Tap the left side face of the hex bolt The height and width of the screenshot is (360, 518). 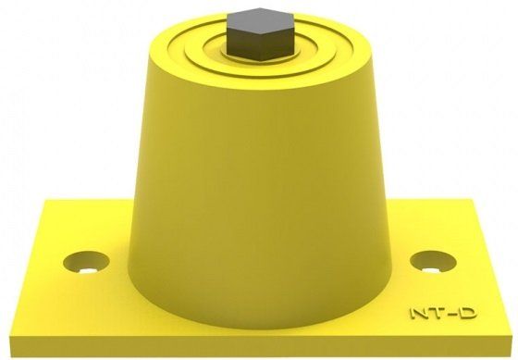[x=244, y=43]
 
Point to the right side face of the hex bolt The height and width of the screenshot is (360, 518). [x=277, y=43]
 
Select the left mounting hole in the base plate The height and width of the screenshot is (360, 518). [x=86, y=262]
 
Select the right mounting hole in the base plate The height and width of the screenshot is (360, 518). [x=433, y=262]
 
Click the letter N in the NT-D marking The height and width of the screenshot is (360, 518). [x=419, y=313]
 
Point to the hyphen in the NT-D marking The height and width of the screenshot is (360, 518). [x=451, y=314]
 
